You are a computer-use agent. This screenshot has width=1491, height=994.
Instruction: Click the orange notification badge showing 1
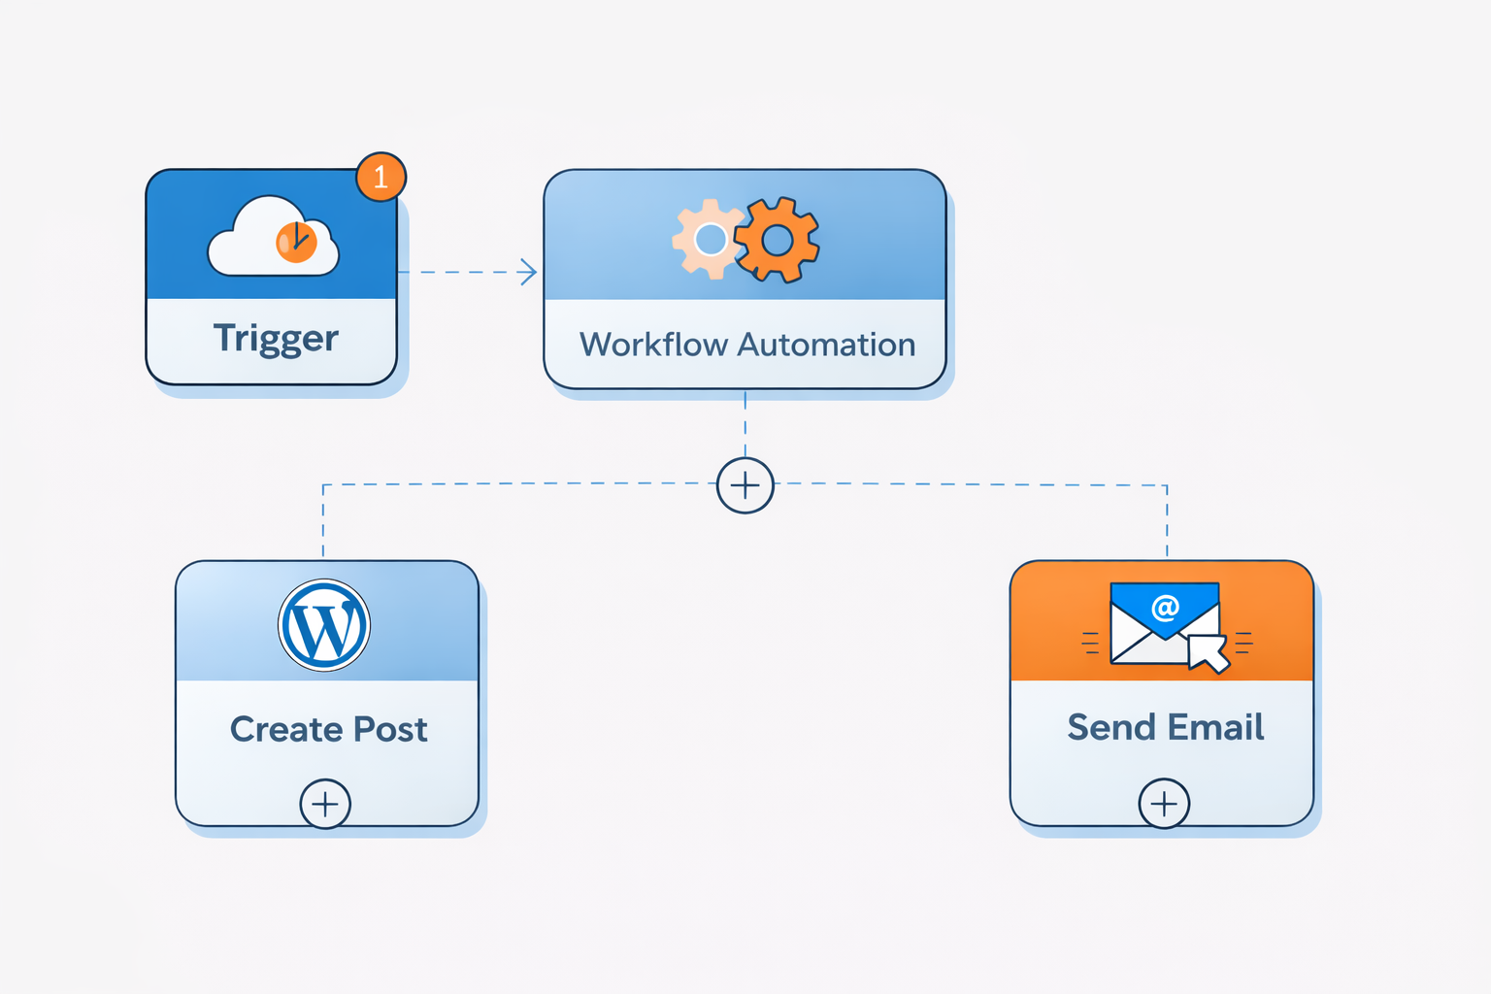point(381,177)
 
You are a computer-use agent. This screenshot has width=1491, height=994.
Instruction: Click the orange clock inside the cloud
point(296,242)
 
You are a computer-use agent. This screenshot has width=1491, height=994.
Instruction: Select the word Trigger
point(276,339)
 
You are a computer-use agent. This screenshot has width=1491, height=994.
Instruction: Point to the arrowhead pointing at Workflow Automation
point(529,272)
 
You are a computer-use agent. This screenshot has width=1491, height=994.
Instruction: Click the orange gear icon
point(777,240)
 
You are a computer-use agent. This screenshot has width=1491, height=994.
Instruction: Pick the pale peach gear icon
point(708,239)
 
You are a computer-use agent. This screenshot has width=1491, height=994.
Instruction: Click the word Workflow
point(653,345)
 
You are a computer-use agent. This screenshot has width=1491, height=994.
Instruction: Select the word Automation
point(826,345)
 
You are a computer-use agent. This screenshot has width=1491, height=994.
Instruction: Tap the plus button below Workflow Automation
point(745,485)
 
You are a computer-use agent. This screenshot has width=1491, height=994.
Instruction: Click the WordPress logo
point(324,626)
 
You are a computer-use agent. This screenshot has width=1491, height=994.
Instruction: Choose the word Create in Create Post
point(285,729)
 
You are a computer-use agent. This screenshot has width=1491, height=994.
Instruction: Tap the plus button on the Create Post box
point(325,804)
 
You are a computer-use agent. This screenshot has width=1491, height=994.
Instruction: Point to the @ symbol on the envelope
point(1165,609)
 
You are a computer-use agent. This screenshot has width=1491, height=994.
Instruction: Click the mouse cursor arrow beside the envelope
point(1208,652)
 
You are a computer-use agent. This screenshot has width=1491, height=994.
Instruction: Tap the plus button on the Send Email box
point(1164,804)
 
